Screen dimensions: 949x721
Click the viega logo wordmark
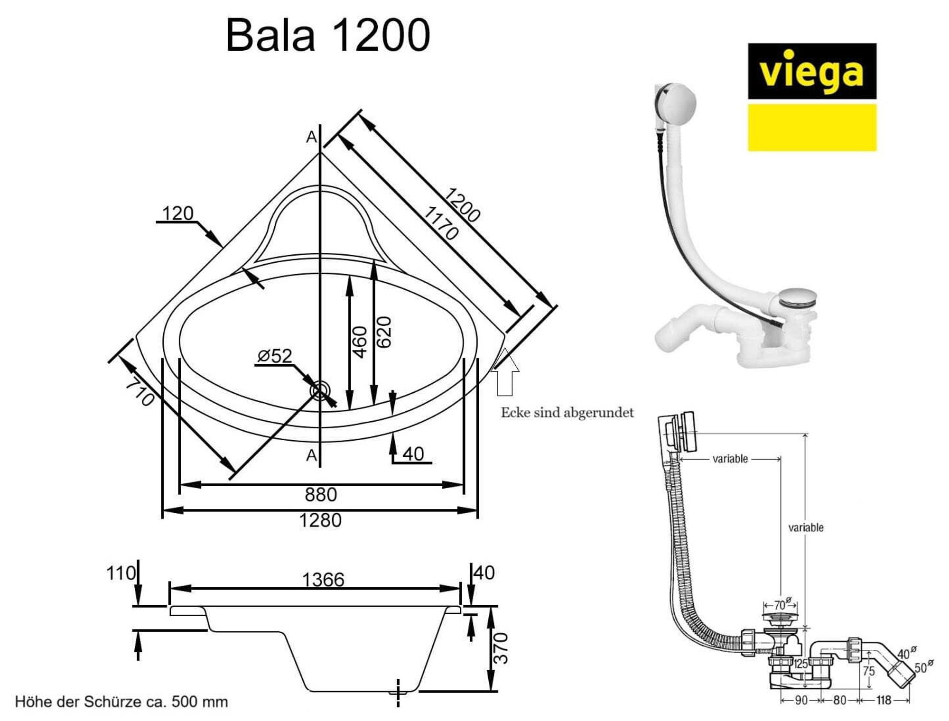(x=811, y=72)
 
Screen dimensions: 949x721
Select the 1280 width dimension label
(x=320, y=520)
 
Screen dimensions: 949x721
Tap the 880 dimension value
(x=321, y=495)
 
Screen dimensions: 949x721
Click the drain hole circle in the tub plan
(x=320, y=390)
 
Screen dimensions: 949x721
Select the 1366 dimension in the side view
(x=323, y=580)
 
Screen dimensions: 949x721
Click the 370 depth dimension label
(x=501, y=648)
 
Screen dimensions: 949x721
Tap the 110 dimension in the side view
(x=121, y=573)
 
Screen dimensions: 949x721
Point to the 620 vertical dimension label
(x=384, y=332)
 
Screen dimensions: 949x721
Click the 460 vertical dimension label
(x=360, y=342)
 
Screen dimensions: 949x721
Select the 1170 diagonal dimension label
(x=441, y=223)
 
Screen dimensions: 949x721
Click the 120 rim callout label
(x=177, y=213)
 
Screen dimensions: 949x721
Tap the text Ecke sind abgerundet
(x=567, y=412)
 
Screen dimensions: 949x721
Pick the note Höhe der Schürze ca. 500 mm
(x=121, y=702)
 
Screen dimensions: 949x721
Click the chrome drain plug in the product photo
(x=798, y=298)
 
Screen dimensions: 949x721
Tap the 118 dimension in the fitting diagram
(x=884, y=700)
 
